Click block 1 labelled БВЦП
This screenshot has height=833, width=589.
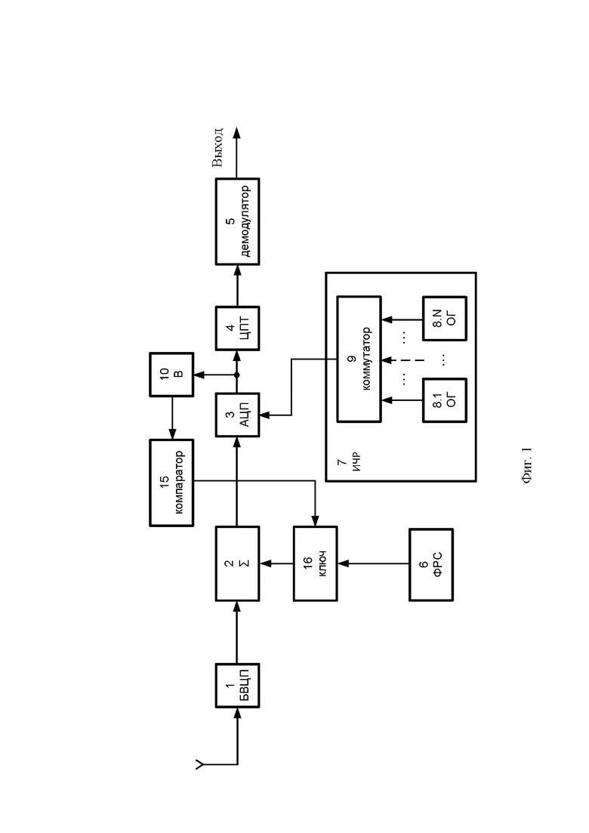[x=237, y=685]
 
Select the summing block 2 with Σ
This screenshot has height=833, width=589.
[x=237, y=563]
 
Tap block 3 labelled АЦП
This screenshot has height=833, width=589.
[x=237, y=415]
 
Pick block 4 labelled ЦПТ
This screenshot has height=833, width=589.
[x=237, y=329]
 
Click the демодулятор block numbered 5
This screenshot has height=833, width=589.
[x=237, y=221]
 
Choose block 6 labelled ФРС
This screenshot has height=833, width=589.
[x=431, y=565]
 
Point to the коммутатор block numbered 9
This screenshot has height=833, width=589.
[x=359, y=359]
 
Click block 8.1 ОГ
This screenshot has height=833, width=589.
[x=445, y=400]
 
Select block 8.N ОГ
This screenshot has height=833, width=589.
[x=445, y=318]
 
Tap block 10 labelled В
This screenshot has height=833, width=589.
[x=171, y=375]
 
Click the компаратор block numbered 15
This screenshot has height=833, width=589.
[x=171, y=483]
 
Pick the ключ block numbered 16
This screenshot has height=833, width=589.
[x=316, y=563]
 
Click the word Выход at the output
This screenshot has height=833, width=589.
[x=217, y=148]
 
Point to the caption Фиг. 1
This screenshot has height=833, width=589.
[x=526, y=466]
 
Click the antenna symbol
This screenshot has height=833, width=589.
[x=199, y=765]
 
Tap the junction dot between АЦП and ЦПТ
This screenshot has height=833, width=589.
[x=237, y=375]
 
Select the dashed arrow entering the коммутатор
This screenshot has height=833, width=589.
[x=403, y=359]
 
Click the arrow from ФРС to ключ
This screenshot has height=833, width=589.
[x=373, y=563]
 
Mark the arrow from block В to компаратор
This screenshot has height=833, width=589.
[x=171, y=418]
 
